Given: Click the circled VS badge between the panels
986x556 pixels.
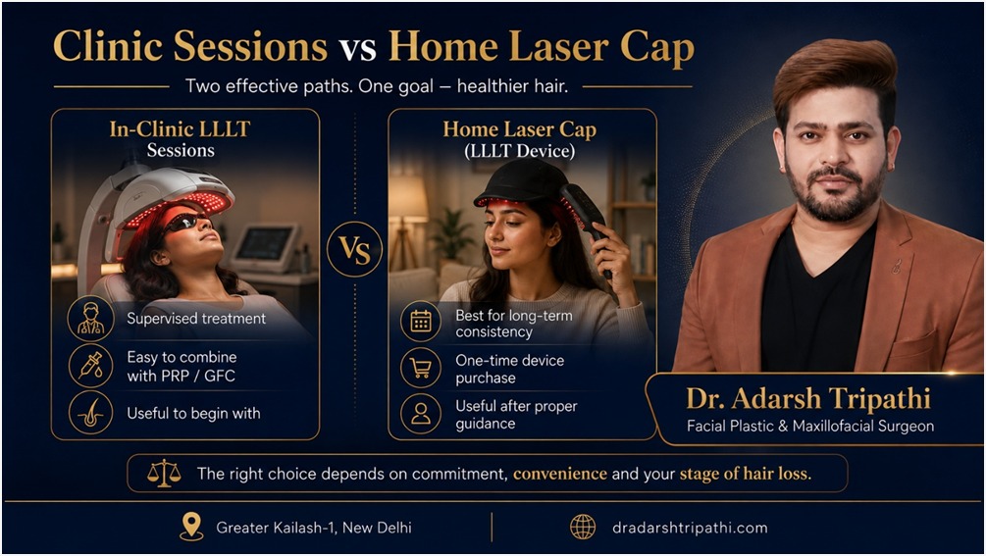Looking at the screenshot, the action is pyautogui.click(x=354, y=249).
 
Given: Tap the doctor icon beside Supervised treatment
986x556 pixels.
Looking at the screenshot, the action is pyautogui.click(x=90, y=319).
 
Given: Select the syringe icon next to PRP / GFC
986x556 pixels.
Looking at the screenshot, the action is pyautogui.click(x=90, y=367).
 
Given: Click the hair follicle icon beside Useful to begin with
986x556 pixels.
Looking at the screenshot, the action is pyautogui.click(x=90, y=414).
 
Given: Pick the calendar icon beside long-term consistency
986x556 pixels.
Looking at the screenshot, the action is pyautogui.click(x=421, y=322).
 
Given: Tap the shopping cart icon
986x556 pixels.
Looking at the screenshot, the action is pyautogui.click(x=421, y=368).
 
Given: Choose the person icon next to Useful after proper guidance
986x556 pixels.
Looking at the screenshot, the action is pyautogui.click(x=421, y=414).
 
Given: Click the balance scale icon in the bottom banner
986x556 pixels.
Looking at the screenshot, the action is pyautogui.click(x=164, y=473).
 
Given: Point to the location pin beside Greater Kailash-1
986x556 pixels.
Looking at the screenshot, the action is pyautogui.click(x=191, y=527).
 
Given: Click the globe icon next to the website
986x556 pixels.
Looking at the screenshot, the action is pyautogui.click(x=583, y=528).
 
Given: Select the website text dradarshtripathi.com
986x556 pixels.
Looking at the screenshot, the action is pyautogui.click(x=690, y=528).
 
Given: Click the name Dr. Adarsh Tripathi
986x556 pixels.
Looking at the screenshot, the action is pyautogui.click(x=808, y=399).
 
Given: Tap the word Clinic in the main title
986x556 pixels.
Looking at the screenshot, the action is pyautogui.click(x=108, y=46).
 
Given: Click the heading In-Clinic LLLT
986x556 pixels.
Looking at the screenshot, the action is pyautogui.click(x=180, y=129).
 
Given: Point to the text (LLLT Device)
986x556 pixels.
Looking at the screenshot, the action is pyautogui.click(x=519, y=151).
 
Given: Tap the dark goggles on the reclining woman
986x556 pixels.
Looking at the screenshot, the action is pyautogui.click(x=186, y=222).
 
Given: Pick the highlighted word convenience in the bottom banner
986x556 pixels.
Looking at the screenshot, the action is pyautogui.click(x=560, y=474).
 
